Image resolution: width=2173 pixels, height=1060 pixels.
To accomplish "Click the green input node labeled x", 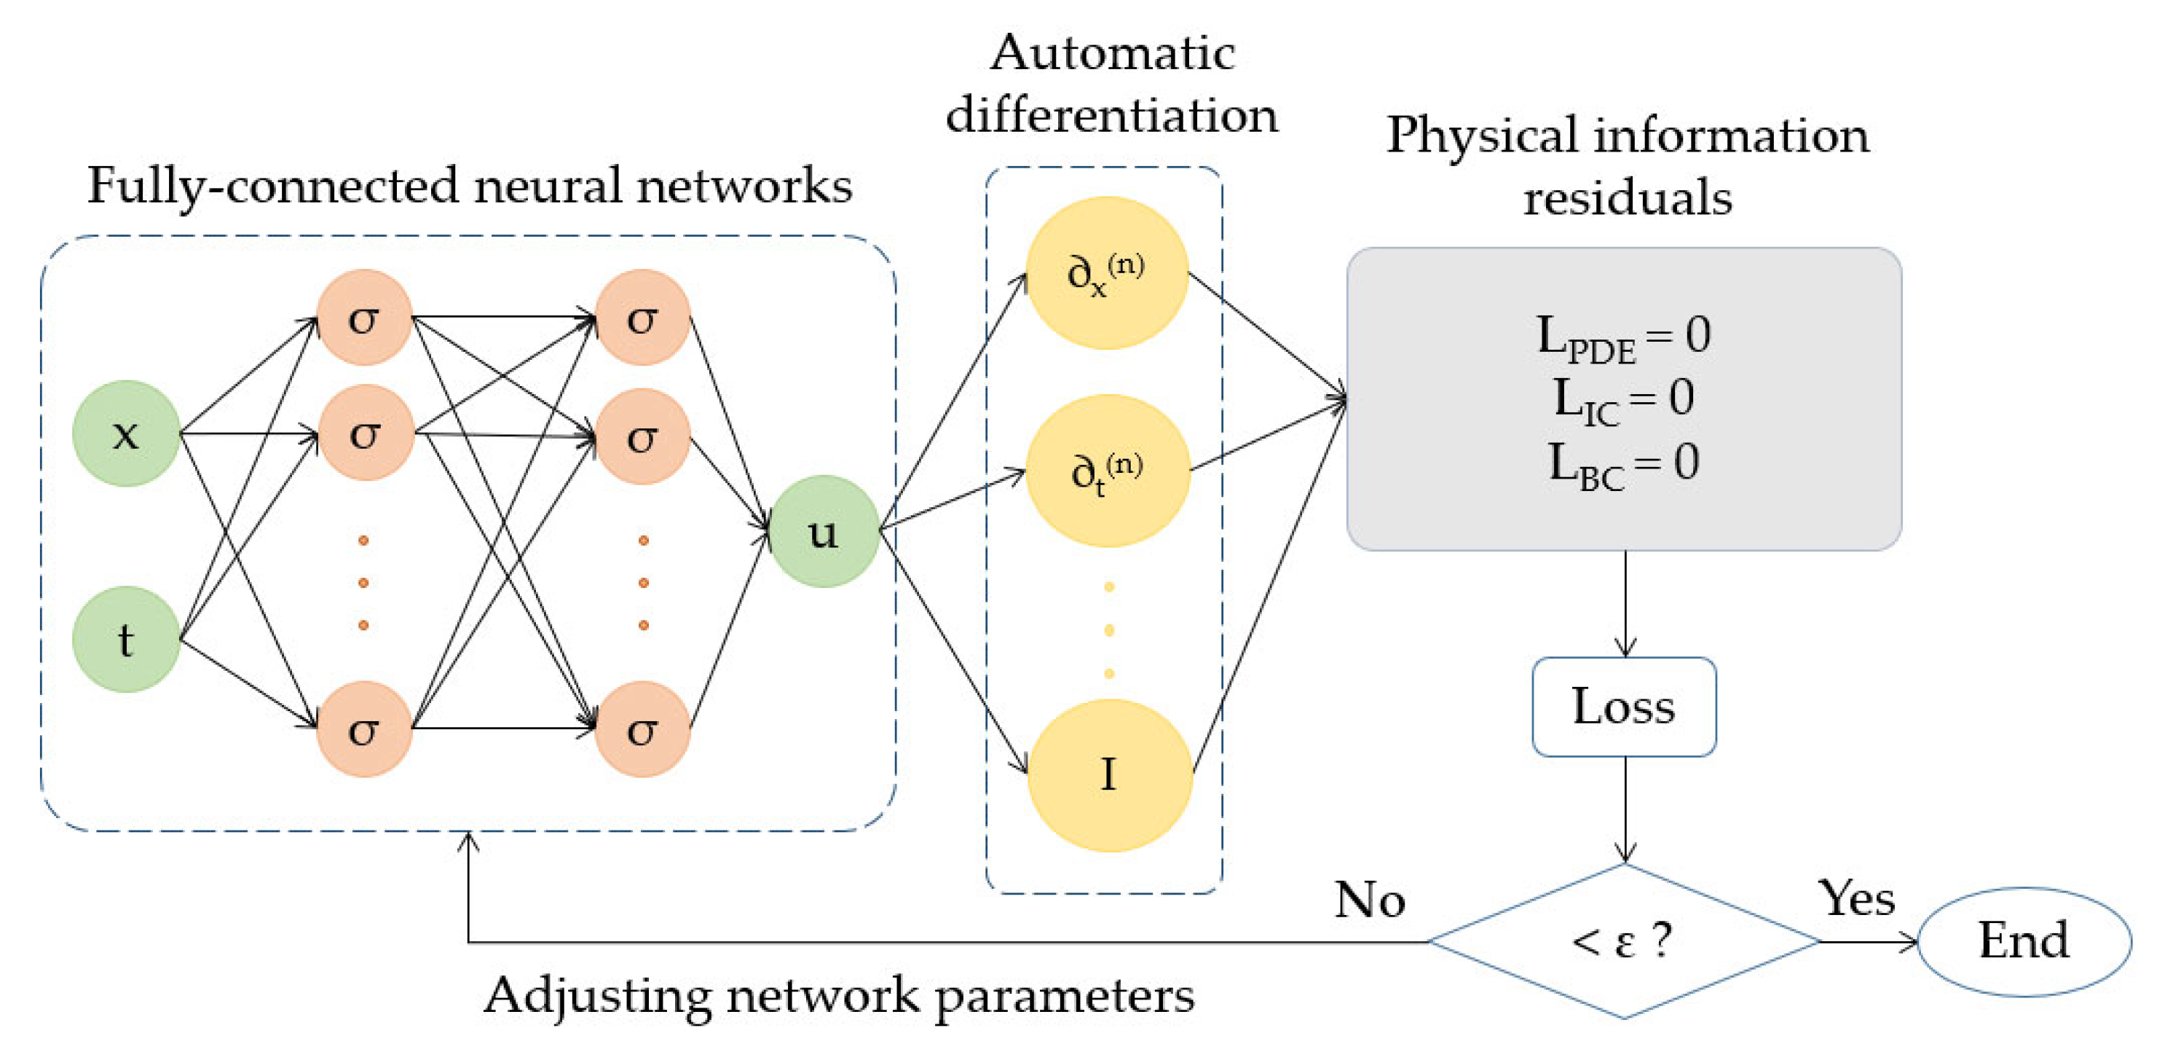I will pos(126,433).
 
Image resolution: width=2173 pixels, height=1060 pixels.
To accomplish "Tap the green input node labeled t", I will pos(126,639).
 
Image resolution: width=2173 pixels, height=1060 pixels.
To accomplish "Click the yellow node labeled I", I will pos(1108,774).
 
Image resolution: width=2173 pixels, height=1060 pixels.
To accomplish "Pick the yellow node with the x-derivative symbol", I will pos(1106,272).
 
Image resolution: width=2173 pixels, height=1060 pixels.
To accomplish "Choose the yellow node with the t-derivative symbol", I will pos(1107,470).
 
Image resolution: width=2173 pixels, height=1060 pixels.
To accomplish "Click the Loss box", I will pos(1623,707).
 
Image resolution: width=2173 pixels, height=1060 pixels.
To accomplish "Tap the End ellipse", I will pos(2024,941).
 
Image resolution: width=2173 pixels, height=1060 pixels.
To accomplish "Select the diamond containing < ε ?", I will pos(1623,941).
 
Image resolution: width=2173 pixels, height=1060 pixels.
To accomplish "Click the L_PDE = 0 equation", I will pos(1623,336).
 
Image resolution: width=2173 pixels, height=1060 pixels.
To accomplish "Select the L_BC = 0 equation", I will pos(1623,463).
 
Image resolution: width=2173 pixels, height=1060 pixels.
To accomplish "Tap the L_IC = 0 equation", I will pos(1623,399).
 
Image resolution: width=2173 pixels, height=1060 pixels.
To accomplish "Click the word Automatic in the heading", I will pos(1112,53).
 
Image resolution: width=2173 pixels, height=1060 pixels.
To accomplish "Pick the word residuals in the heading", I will pos(1628,197).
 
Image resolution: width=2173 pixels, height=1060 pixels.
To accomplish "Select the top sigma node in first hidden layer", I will pos(363,318).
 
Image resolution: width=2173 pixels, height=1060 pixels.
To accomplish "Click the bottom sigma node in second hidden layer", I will pos(643,729).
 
